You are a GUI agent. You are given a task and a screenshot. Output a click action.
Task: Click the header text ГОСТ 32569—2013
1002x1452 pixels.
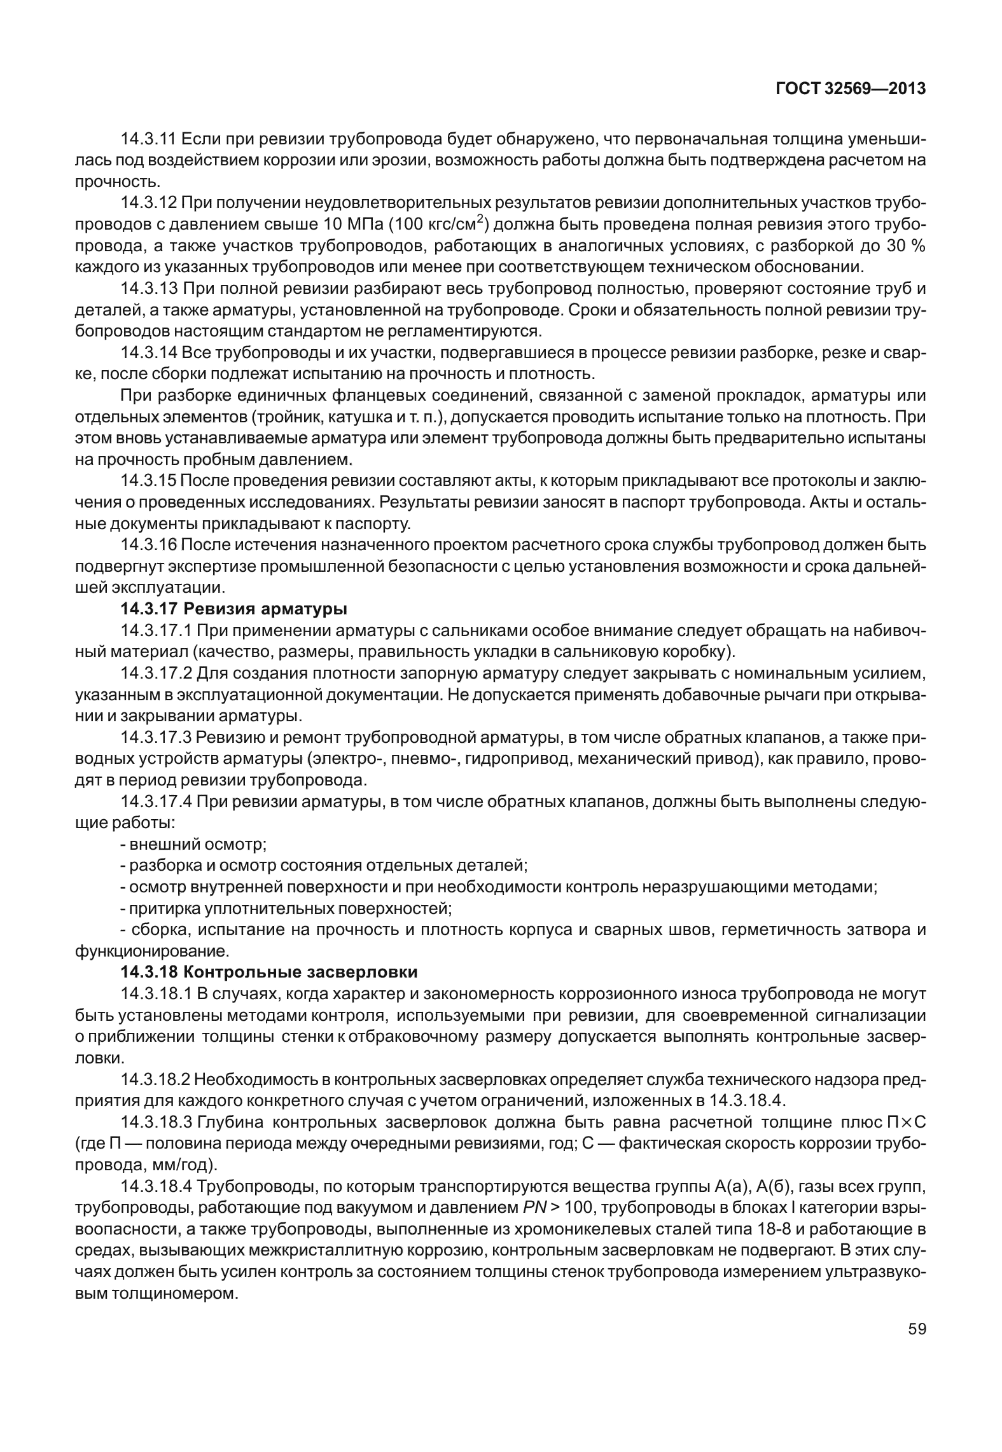(x=850, y=90)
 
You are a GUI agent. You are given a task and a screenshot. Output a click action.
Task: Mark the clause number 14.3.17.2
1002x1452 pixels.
(x=157, y=674)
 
